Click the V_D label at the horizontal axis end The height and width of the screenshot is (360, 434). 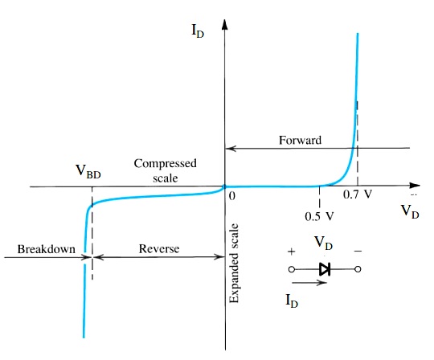(x=409, y=211)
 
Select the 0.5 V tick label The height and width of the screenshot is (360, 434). (x=319, y=215)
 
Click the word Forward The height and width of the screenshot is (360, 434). (x=300, y=140)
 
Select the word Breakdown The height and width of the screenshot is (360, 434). (x=46, y=250)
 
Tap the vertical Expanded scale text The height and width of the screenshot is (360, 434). (x=234, y=264)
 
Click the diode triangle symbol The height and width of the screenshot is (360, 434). (x=325, y=269)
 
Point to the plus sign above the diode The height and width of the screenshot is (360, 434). (x=291, y=251)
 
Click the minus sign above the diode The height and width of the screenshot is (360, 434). (x=358, y=251)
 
